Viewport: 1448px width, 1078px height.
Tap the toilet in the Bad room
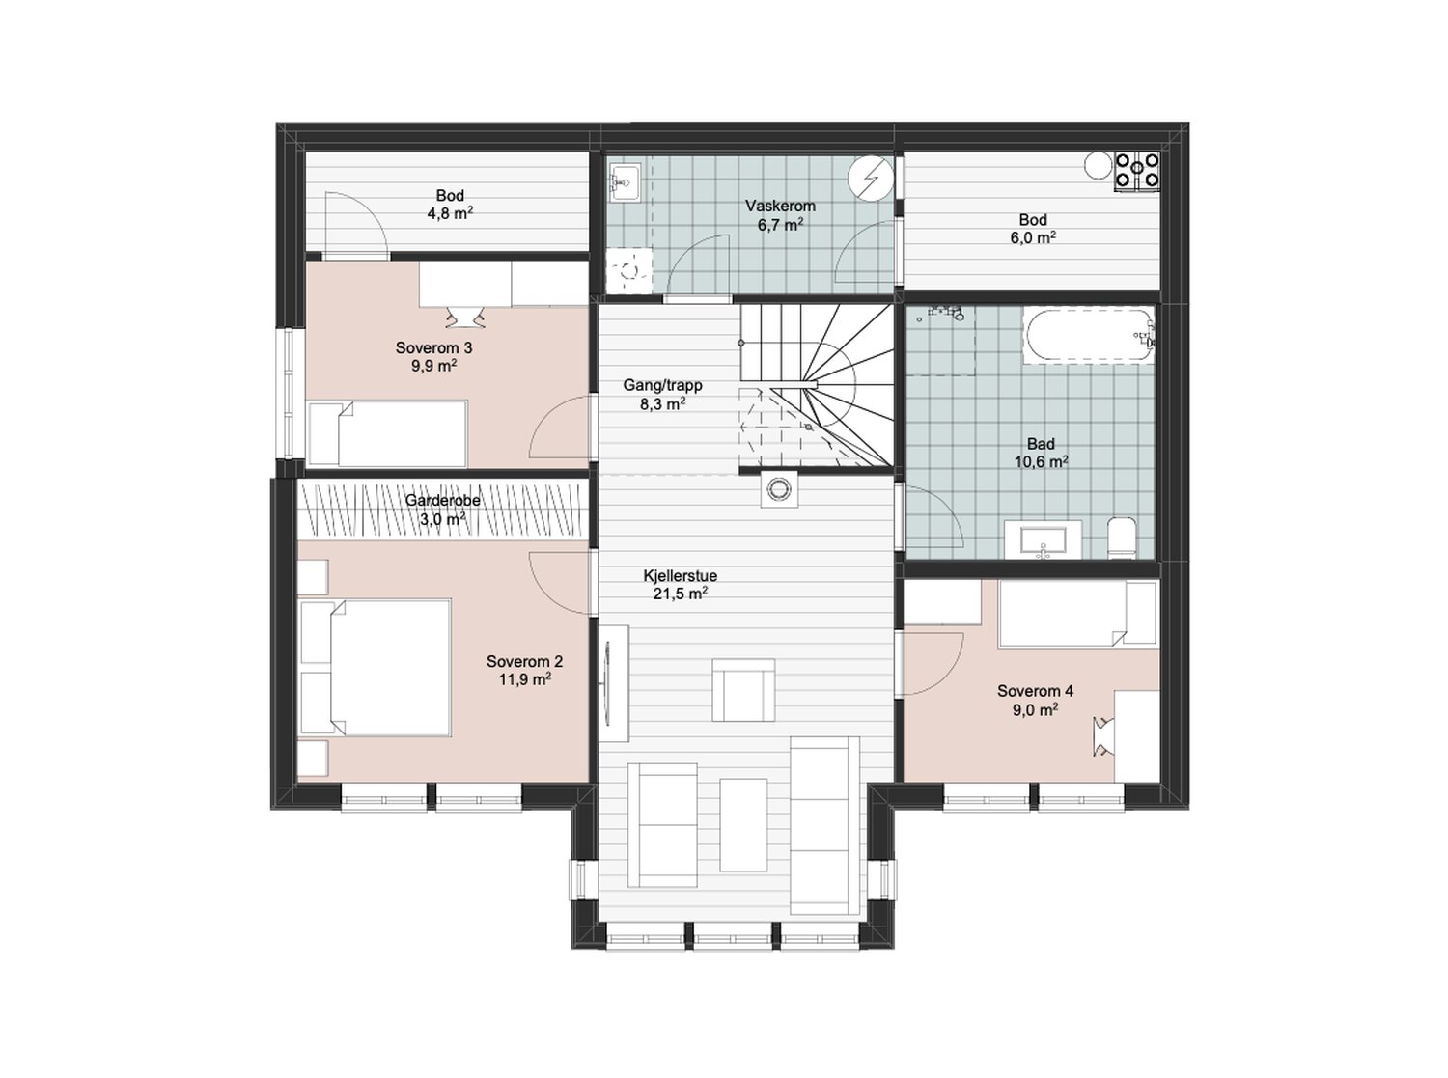tap(1122, 538)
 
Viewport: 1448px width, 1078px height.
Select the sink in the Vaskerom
tap(625, 183)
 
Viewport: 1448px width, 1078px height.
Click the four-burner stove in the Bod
tap(1136, 171)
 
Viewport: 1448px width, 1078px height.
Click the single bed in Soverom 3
tap(387, 433)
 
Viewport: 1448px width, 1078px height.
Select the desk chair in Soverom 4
tap(1104, 736)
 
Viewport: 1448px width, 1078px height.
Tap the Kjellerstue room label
tap(681, 576)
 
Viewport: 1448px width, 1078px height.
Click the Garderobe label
tap(443, 501)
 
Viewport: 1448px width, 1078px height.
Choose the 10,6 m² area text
tap(1041, 461)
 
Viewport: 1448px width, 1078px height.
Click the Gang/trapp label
tap(662, 385)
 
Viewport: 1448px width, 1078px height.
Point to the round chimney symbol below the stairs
tap(779, 487)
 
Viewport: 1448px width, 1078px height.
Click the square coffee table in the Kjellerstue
tap(743, 689)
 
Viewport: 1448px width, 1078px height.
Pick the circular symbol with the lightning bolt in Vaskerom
tap(870, 178)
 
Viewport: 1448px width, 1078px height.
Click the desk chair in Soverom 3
tap(465, 317)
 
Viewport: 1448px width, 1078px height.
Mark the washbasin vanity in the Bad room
tap(1043, 539)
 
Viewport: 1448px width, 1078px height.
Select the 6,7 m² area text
tap(780, 225)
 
